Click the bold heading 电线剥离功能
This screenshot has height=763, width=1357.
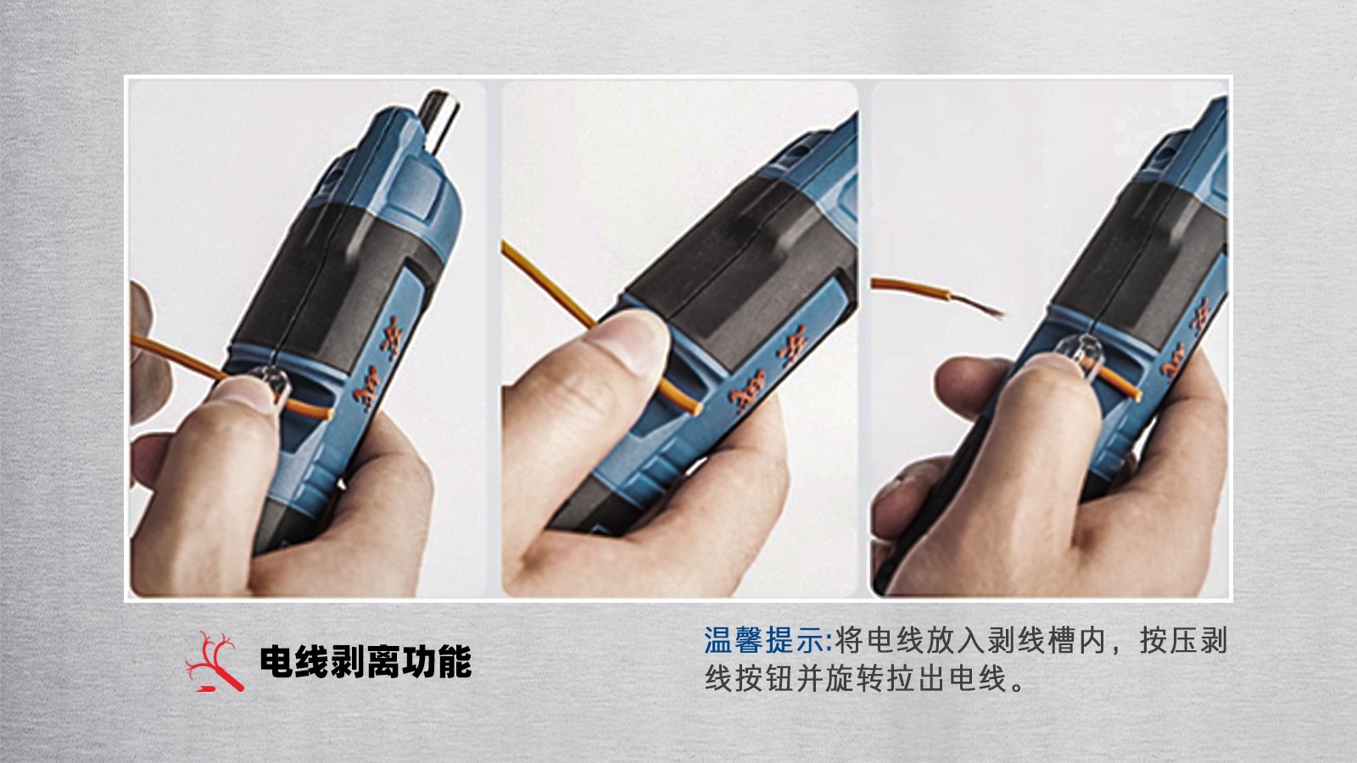click(366, 662)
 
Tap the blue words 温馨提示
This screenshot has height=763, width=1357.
click(764, 641)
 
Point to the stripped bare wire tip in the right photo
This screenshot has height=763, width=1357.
click(979, 305)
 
